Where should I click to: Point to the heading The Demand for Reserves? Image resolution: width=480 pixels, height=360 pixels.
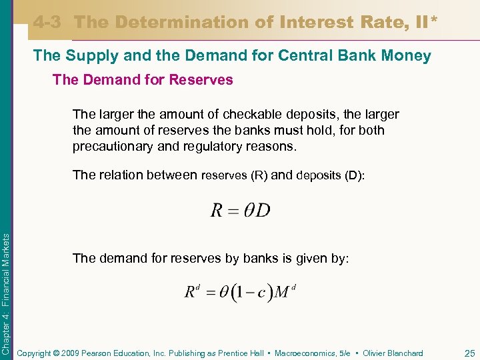coord(143,80)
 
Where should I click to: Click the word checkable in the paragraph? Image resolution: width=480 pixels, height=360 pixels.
coord(246,115)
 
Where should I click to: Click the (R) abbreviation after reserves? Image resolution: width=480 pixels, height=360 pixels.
coord(259,176)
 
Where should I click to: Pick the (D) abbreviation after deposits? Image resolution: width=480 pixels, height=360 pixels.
coord(354,176)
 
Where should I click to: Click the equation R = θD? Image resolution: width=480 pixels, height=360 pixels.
coord(240,211)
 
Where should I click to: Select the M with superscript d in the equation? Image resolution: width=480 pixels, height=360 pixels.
coord(285,291)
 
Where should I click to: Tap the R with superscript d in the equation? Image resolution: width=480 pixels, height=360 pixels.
coord(192,291)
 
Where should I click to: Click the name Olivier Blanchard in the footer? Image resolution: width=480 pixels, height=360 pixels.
coord(392,353)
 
